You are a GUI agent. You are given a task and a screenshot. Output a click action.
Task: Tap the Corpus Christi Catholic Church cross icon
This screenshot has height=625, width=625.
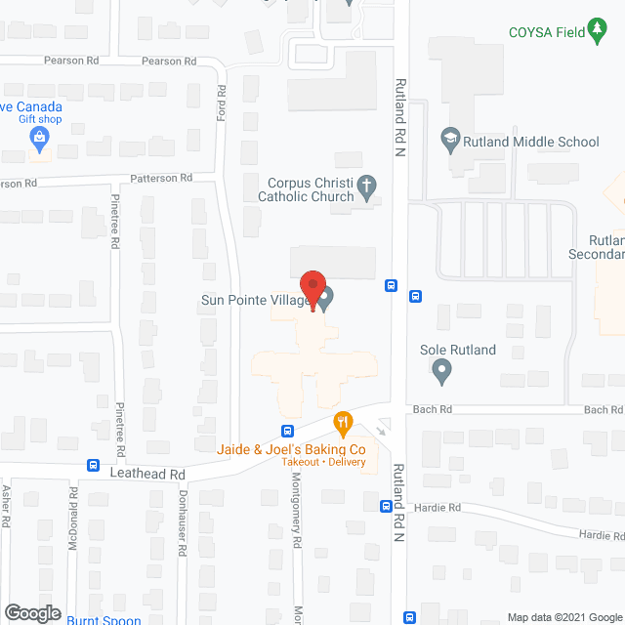point(366,185)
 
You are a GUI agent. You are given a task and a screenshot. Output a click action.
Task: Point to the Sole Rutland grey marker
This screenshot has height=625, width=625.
point(440,370)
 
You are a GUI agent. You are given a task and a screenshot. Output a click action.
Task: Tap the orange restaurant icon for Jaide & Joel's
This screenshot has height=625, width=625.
point(342,425)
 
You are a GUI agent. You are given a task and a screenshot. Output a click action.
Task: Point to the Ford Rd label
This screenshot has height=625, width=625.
point(222,104)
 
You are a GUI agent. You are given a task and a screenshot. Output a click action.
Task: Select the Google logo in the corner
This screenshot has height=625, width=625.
point(31,612)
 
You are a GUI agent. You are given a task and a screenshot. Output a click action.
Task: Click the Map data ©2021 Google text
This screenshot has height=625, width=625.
point(563,617)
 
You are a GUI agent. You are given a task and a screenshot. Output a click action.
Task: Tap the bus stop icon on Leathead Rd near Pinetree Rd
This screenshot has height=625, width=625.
point(93,465)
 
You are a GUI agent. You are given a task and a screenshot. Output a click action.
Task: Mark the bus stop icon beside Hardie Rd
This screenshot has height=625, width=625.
point(387,505)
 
